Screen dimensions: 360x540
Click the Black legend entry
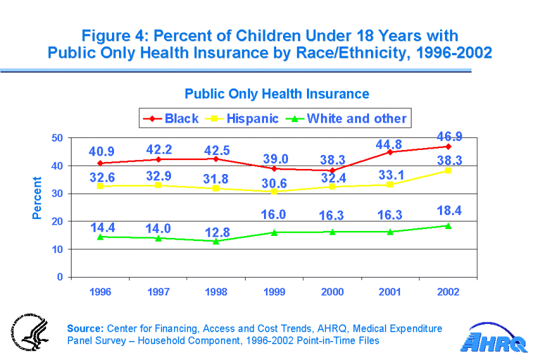click(x=171, y=118)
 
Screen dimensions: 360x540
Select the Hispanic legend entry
click(x=245, y=118)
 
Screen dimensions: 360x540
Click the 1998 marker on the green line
click(x=215, y=241)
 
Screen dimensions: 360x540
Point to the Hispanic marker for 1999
click(x=273, y=192)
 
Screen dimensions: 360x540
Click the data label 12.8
click(x=216, y=232)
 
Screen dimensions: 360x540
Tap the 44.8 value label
click(x=389, y=145)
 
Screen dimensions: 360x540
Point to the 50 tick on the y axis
click(x=57, y=138)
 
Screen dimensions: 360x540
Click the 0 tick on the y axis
click(x=60, y=277)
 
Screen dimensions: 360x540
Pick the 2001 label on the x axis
click(x=390, y=292)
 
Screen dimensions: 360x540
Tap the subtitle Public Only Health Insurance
click(x=277, y=94)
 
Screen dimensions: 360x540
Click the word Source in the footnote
click(x=85, y=328)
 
